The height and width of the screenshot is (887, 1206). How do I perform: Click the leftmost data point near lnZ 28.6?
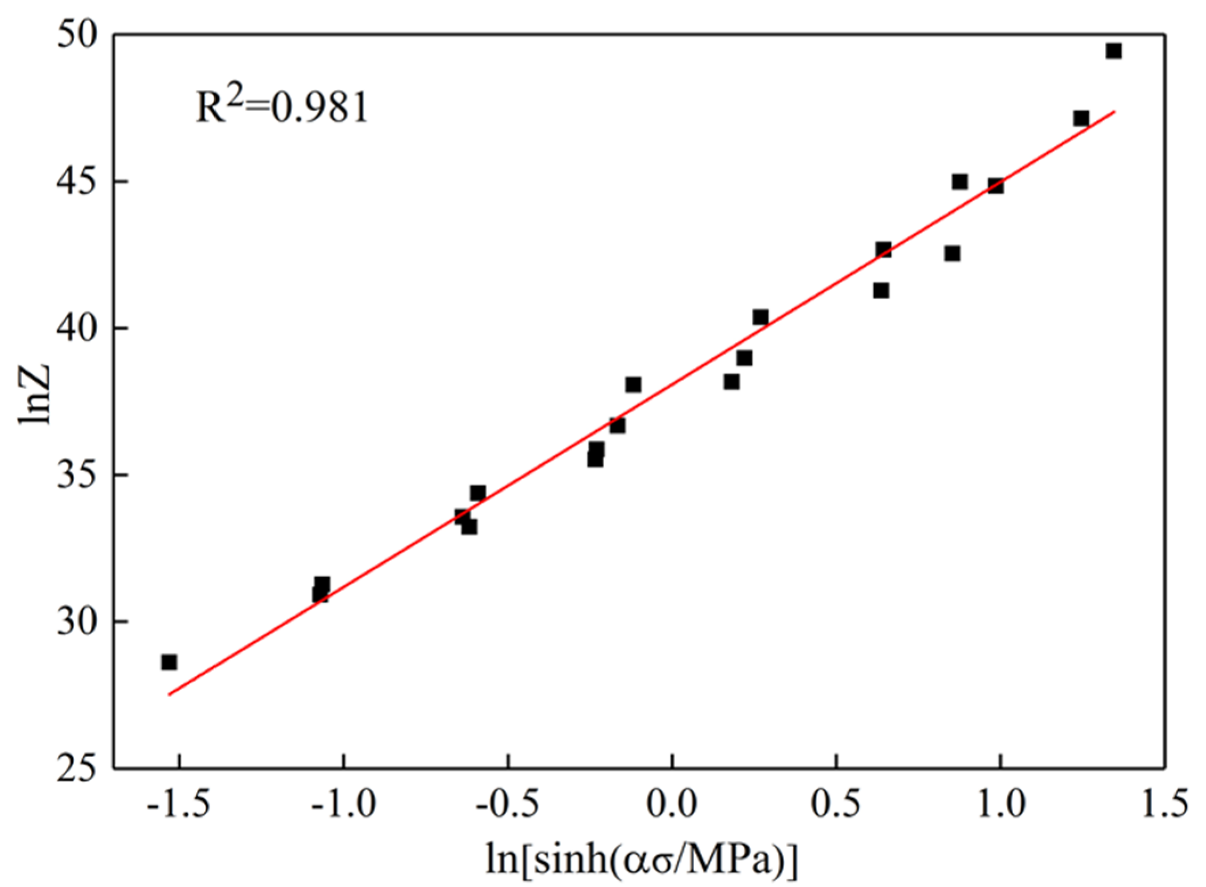pos(169,662)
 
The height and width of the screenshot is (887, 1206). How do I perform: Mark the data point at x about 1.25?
pos(1081,118)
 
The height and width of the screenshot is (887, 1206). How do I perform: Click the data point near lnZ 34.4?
pos(478,493)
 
